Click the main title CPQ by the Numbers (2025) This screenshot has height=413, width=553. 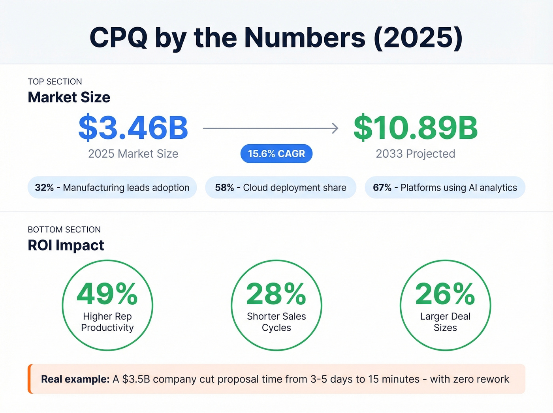[276, 38]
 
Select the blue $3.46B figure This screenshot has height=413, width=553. [133, 128]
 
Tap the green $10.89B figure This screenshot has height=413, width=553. [416, 128]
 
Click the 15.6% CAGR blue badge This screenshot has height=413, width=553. [276, 154]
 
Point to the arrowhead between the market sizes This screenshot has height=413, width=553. [335, 128]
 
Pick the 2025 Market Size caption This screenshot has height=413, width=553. [133, 154]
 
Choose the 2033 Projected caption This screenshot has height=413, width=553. [416, 154]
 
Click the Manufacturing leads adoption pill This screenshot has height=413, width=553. [112, 187]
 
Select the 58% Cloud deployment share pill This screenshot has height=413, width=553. [280, 187]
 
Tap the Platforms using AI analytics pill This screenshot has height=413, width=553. [445, 187]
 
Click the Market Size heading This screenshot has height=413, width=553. [69, 97]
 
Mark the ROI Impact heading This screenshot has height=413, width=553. [66, 245]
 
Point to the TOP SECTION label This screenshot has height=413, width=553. [55, 82]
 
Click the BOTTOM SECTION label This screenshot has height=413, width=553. [64, 230]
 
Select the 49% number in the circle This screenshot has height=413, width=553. [107, 294]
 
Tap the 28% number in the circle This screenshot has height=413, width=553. [276, 294]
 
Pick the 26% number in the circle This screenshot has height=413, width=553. [445, 294]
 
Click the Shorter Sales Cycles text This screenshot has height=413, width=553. [276, 322]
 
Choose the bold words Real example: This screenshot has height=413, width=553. [75, 379]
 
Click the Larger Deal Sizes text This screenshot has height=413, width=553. [445, 322]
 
